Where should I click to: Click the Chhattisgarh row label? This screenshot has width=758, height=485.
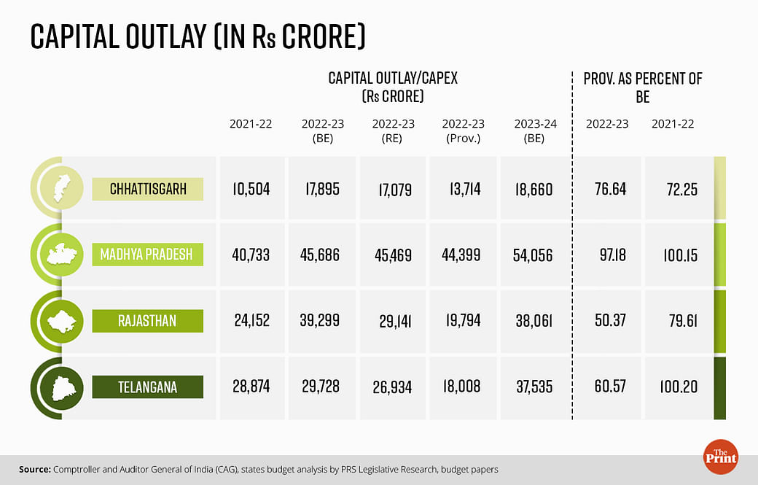[148, 190]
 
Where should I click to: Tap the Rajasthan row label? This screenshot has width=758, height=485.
[148, 321]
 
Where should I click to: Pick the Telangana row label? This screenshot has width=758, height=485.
[148, 387]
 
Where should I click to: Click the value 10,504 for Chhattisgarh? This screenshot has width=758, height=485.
[250, 190]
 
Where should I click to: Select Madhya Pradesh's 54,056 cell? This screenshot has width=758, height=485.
[534, 256]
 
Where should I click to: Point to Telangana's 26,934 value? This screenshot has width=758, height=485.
[393, 387]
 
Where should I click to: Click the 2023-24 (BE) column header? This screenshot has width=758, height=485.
[535, 131]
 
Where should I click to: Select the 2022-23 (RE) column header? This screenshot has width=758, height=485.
[393, 131]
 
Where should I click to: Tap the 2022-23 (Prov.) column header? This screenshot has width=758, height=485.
[463, 131]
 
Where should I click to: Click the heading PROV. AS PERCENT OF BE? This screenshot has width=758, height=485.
[642, 87]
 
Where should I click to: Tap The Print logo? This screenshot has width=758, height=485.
[721, 454]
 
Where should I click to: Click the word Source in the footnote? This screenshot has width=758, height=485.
[35, 470]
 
